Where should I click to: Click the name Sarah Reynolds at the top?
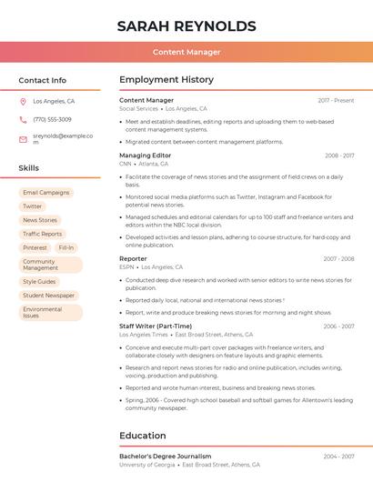(x=186, y=26)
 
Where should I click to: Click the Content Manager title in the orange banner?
(x=186, y=52)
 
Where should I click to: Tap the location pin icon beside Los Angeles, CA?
(x=23, y=102)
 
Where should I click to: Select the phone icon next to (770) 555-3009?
(x=23, y=120)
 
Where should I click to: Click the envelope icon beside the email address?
(x=23, y=139)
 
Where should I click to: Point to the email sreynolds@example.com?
(x=63, y=138)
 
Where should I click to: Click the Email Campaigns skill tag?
(x=45, y=193)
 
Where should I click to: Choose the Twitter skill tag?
(x=33, y=206)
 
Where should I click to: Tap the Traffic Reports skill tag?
(x=42, y=234)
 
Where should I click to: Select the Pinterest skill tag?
(x=35, y=247)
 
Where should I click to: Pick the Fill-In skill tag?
(x=66, y=247)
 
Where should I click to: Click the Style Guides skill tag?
(x=39, y=282)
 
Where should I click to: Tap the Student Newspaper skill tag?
(x=48, y=296)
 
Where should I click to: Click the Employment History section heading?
(x=166, y=80)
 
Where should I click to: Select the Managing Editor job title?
(x=145, y=156)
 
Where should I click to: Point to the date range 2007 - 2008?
(x=338, y=259)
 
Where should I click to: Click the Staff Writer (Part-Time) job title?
(x=156, y=326)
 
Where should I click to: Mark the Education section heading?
(x=142, y=436)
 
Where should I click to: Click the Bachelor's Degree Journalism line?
(x=166, y=457)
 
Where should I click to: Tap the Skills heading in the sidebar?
(x=28, y=168)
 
